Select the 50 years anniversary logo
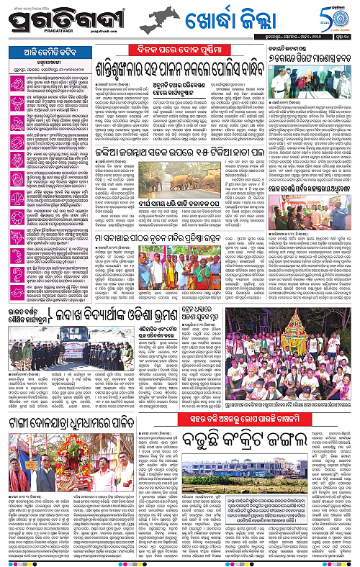pyautogui.click(x=340, y=17)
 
